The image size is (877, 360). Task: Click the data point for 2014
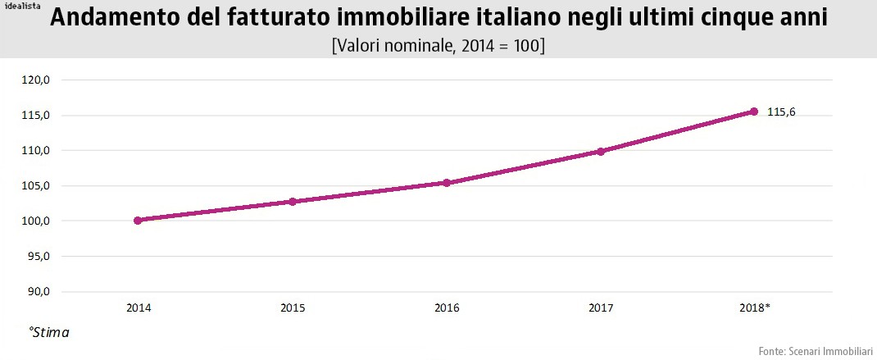tap(138, 220)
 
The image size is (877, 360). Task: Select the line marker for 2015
tap(292, 201)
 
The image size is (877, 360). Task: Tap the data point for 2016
tap(447, 182)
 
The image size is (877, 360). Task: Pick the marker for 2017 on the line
tap(601, 151)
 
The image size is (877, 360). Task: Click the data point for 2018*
tap(754, 112)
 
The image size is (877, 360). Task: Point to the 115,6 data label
tap(781, 112)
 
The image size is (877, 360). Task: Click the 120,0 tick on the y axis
tap(36, 80)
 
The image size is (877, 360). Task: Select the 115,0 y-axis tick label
tap(36, 116)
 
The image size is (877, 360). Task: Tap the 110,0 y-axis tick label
tap(36, 151)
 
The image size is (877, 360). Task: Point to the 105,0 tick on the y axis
tap(36, 186)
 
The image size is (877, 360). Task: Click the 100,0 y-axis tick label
tap(36, 221)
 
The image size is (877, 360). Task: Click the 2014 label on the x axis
tap(138, 308)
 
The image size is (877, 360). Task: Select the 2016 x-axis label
tap(447, 308)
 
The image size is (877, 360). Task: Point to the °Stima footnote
tap(49, 333)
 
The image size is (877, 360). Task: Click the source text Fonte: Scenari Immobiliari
tap(816, 351)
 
